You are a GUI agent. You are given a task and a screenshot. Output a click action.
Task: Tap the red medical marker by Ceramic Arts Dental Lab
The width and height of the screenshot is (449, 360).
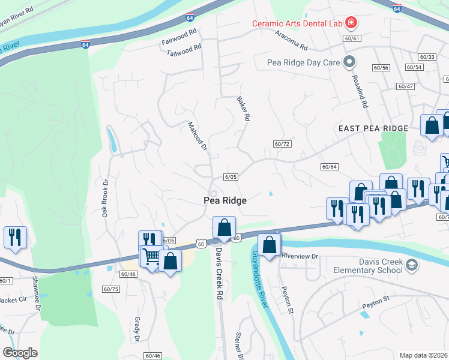click(351, 24)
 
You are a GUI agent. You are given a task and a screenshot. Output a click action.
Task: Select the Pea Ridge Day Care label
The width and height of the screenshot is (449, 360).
click(303, 62)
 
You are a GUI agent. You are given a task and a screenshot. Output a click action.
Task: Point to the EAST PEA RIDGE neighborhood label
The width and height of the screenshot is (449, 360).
click(373, 128)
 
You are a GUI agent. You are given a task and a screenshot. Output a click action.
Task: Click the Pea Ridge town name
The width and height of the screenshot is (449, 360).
click(225, 200)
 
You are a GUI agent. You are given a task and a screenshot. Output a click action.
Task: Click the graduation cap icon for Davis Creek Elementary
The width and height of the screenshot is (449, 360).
click(411, 265)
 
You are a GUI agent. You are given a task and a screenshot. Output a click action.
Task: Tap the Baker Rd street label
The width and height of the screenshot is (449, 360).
click(242, 109)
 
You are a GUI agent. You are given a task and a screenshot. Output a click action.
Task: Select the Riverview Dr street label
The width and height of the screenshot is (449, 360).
click(298, 256)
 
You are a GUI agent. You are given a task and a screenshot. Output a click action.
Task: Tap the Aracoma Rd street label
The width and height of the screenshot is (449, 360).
click(291, 46)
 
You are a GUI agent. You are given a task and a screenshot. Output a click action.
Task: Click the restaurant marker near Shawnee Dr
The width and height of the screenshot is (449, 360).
click(15, 236)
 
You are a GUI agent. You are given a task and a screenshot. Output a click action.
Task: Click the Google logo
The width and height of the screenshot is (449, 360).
click(20, 353)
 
